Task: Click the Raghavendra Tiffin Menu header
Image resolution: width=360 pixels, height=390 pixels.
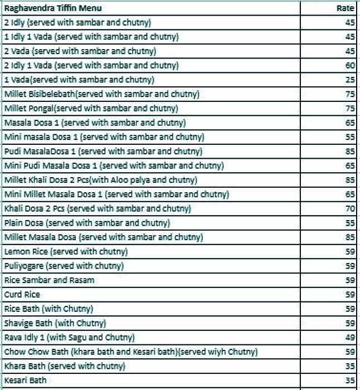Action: point(52,8)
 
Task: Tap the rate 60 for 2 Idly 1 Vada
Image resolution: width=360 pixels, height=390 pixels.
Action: point(349,66)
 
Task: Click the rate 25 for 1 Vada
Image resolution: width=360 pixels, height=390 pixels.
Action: point(349,80)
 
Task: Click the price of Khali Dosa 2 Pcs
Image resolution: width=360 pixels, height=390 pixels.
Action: point(349,209)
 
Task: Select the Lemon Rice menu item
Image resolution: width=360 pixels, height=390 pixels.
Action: point(66,252)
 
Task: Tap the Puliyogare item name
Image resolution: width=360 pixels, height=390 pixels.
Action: point(64,266)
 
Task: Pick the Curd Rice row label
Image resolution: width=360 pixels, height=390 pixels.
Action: point(22,295)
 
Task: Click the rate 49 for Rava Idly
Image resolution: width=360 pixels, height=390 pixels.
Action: point(349,338)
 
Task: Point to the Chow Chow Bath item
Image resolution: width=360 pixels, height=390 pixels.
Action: point(130,352)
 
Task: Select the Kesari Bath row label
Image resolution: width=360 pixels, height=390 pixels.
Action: point(25,381)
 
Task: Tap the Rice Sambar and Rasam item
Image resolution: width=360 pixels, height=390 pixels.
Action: point(49,280)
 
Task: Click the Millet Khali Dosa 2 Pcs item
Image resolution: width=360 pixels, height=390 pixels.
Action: point(100,180)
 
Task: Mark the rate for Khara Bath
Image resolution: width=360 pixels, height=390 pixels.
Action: point(349,367)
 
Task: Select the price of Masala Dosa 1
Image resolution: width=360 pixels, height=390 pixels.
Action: point(349,123)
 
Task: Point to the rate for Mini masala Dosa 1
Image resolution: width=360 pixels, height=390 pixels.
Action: point(349,137)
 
